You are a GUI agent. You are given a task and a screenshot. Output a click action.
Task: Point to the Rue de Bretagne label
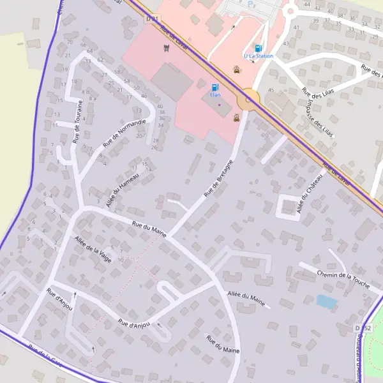coord(218,177)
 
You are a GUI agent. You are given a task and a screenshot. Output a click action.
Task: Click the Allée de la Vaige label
coord(93,250)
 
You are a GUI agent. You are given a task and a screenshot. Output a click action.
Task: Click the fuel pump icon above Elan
coord(214,87)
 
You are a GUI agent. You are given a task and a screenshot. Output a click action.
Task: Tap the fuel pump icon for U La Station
coord(258,48)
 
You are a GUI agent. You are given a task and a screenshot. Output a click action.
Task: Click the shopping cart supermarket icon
coord(167,47)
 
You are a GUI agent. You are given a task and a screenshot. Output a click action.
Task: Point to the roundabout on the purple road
coord(248,100)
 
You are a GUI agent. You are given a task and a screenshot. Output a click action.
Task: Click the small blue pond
coord(326,302)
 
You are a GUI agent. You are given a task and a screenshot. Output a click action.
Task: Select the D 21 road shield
coord(152,19)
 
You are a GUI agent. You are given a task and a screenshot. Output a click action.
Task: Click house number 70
coord(69,42)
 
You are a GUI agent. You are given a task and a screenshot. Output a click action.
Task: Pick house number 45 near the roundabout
coord(271,90)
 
